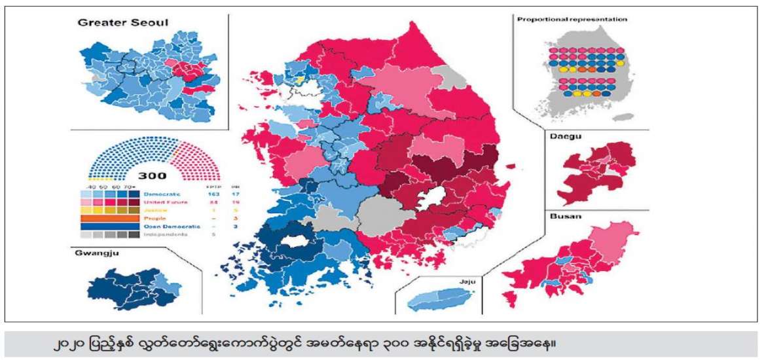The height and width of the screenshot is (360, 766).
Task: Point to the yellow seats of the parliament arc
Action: (100, 178)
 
